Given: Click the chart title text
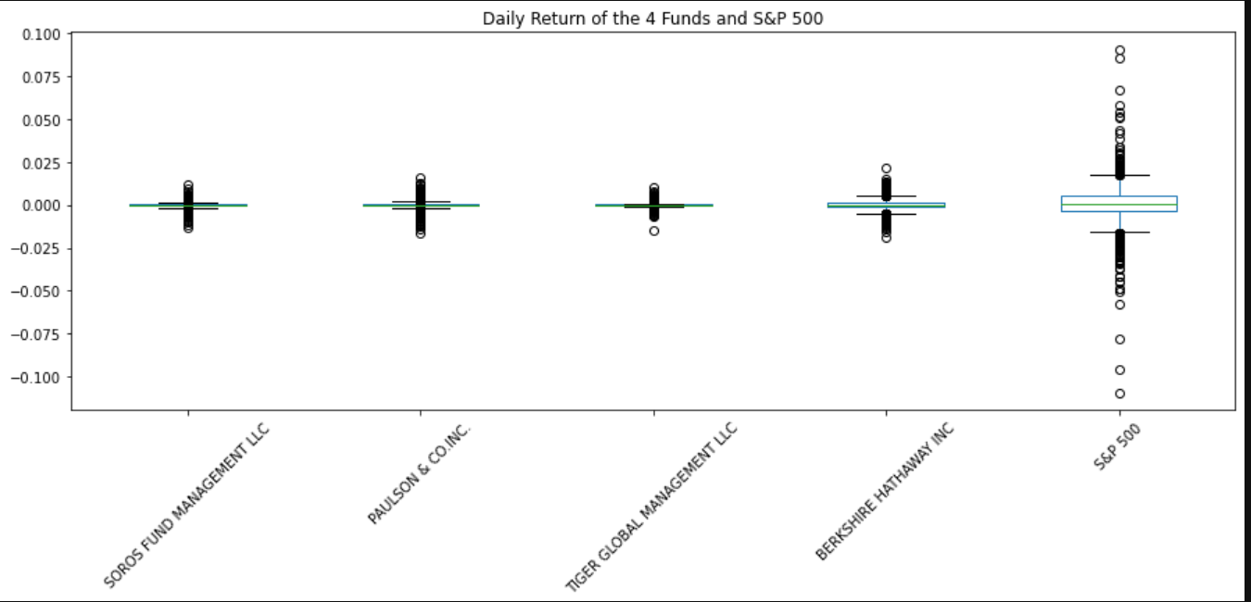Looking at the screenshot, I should (652, 19).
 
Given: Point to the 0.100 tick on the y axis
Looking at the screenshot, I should (41, 34).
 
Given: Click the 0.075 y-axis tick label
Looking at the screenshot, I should (41, 78).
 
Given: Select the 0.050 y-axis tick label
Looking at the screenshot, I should (41, 120).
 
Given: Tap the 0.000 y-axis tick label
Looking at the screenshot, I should (41, 206).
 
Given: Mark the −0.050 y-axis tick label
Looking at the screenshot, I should (37, 292).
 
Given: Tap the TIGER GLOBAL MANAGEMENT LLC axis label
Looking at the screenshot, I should (651, 507).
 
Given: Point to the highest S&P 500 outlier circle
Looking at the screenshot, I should (1119, 51).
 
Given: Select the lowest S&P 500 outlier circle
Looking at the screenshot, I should (1119, 394).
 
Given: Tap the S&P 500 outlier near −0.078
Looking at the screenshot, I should (1119, 340).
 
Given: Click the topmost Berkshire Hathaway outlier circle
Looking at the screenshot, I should (886, 169).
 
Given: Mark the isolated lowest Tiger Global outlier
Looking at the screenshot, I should (653, 231).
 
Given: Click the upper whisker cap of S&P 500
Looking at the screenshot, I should (1119, 175).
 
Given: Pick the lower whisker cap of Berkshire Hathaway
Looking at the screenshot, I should (886, 214).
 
